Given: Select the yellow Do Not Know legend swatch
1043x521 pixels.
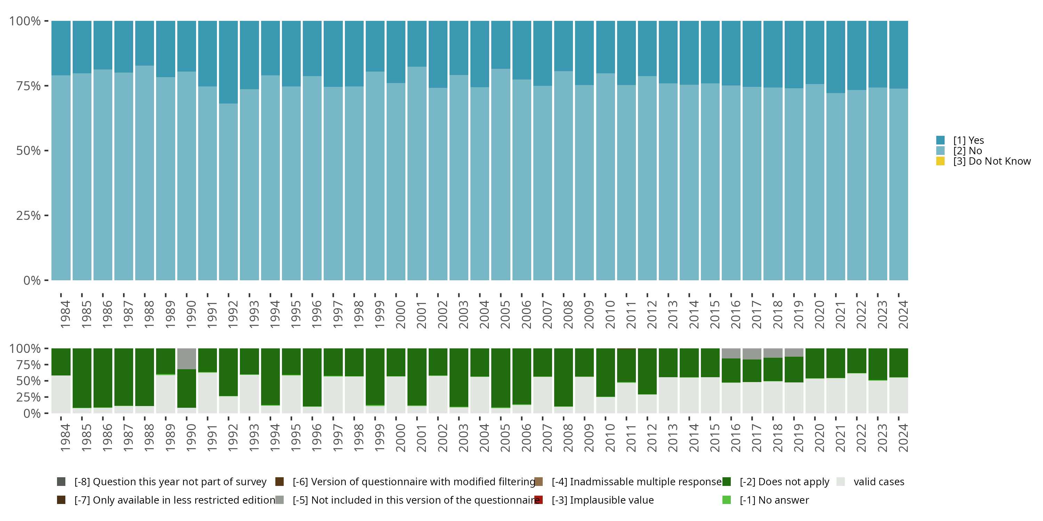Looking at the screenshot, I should point(940,162).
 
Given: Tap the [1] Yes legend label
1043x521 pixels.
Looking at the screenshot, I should point(968,140).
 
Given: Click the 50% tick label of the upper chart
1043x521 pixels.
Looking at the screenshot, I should point(29,151).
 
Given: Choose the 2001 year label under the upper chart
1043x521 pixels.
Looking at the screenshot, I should point(421,315).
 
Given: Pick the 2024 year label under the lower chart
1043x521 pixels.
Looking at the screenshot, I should point(903,438).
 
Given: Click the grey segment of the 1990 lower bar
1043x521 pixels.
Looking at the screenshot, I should point(187,358).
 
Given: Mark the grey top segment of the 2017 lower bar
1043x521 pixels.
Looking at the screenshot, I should point(752,354).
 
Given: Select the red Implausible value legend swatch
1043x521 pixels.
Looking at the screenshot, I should point(539,500).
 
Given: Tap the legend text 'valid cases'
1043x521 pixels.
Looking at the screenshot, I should point(879,482).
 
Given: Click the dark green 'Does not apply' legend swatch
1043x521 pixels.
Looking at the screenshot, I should point(726,482).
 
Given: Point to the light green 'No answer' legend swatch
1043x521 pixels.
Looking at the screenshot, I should point(726,500).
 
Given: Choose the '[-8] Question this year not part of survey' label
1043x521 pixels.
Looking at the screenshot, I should point(170,482).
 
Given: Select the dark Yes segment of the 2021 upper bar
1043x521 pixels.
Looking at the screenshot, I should point(836,57).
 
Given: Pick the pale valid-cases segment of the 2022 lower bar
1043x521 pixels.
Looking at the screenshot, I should point(857,393).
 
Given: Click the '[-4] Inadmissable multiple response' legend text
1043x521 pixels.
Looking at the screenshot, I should point(636,482).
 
